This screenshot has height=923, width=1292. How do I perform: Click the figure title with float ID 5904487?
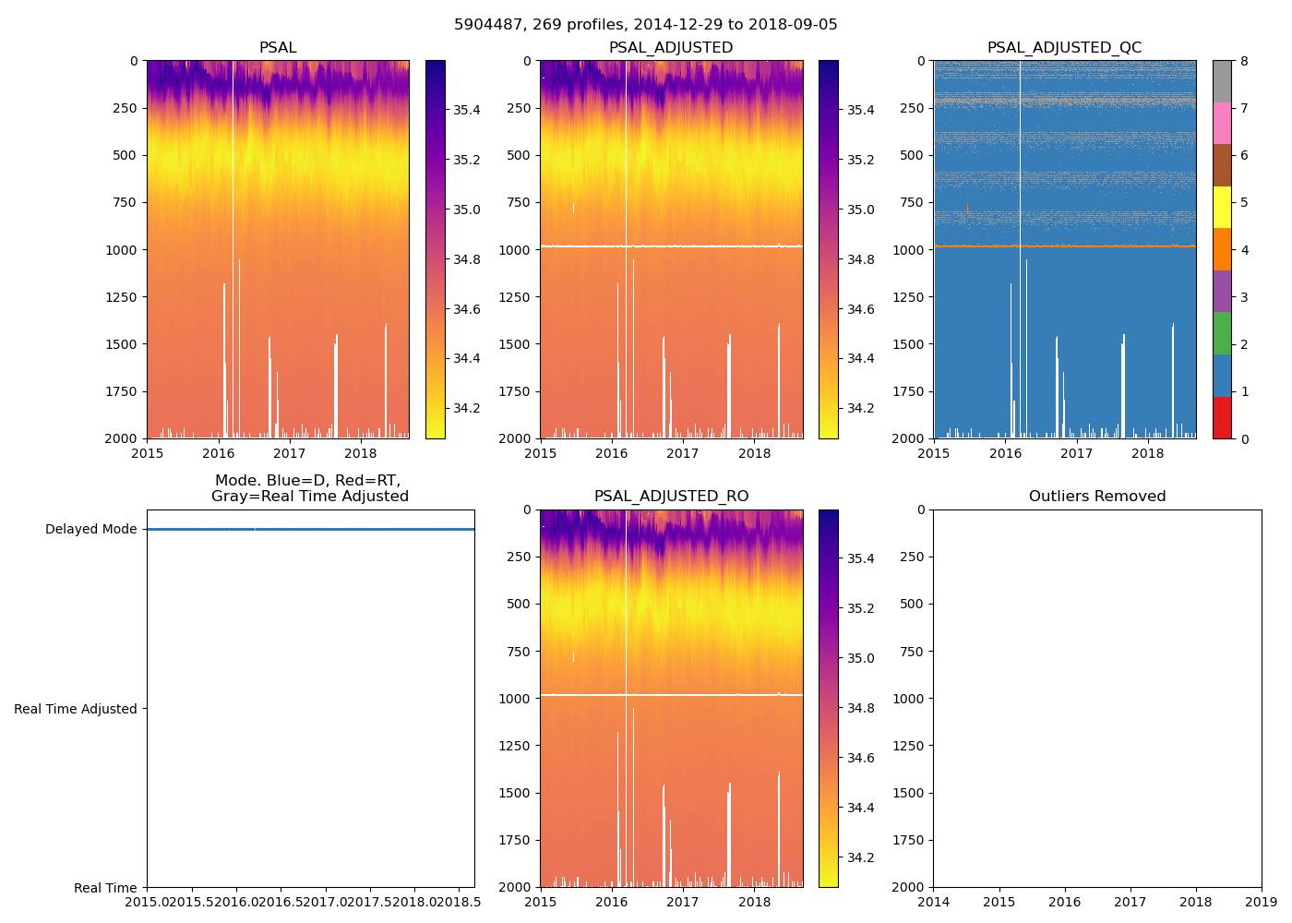(x=645, y=25)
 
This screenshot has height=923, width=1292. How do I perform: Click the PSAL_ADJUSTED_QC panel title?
(x=1064, y=48)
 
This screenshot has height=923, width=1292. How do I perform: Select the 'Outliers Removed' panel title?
(x=1096, y=497)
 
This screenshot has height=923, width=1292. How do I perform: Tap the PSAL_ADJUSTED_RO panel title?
(x=671, y=497)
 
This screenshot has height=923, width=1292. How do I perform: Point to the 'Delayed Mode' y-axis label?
(x=90, y=530)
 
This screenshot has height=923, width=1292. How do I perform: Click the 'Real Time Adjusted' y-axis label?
(x=75, y=709)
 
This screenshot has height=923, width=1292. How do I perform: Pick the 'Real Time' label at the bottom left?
(x=105, y=888)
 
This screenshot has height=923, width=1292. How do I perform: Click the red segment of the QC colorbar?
(x=1221, y=417)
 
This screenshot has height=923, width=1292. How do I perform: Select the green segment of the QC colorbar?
(x=1221, y=333)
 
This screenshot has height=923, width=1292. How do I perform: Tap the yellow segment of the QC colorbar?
(x=1221, y=207)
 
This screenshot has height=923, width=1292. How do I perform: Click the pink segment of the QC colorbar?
(x=1221, y=123)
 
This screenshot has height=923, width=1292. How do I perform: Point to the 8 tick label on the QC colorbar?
(x=1244, y=62)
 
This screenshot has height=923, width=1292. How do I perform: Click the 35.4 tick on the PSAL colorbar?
(x=466, y=111)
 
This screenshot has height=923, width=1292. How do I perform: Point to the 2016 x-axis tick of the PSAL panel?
(x=218, y=453)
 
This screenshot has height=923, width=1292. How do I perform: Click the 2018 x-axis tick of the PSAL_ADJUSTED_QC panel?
(x=1147, y=453)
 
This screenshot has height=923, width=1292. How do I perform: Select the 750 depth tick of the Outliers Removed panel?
(x=912, y=652)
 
